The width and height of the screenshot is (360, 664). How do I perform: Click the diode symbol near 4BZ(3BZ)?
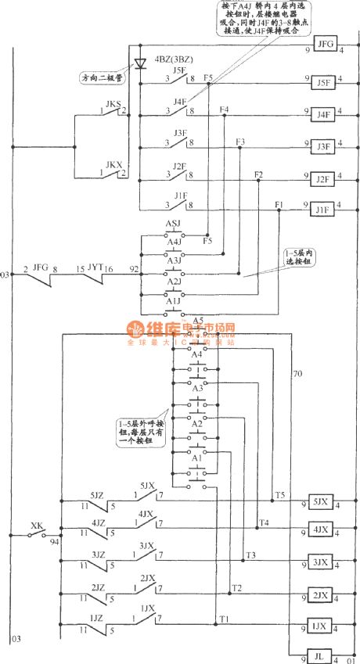pos(141,63)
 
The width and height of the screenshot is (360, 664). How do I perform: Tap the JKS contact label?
pos(113,103)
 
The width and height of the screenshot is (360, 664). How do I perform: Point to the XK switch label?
pos(36,526)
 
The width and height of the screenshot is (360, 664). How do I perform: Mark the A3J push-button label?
pos(174,259)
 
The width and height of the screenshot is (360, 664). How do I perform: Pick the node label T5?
pos(279,494)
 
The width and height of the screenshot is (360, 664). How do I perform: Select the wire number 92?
pos(134,268)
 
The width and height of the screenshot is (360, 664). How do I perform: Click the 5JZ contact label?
pos(97,495)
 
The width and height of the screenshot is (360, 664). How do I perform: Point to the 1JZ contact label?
pos(97,618)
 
